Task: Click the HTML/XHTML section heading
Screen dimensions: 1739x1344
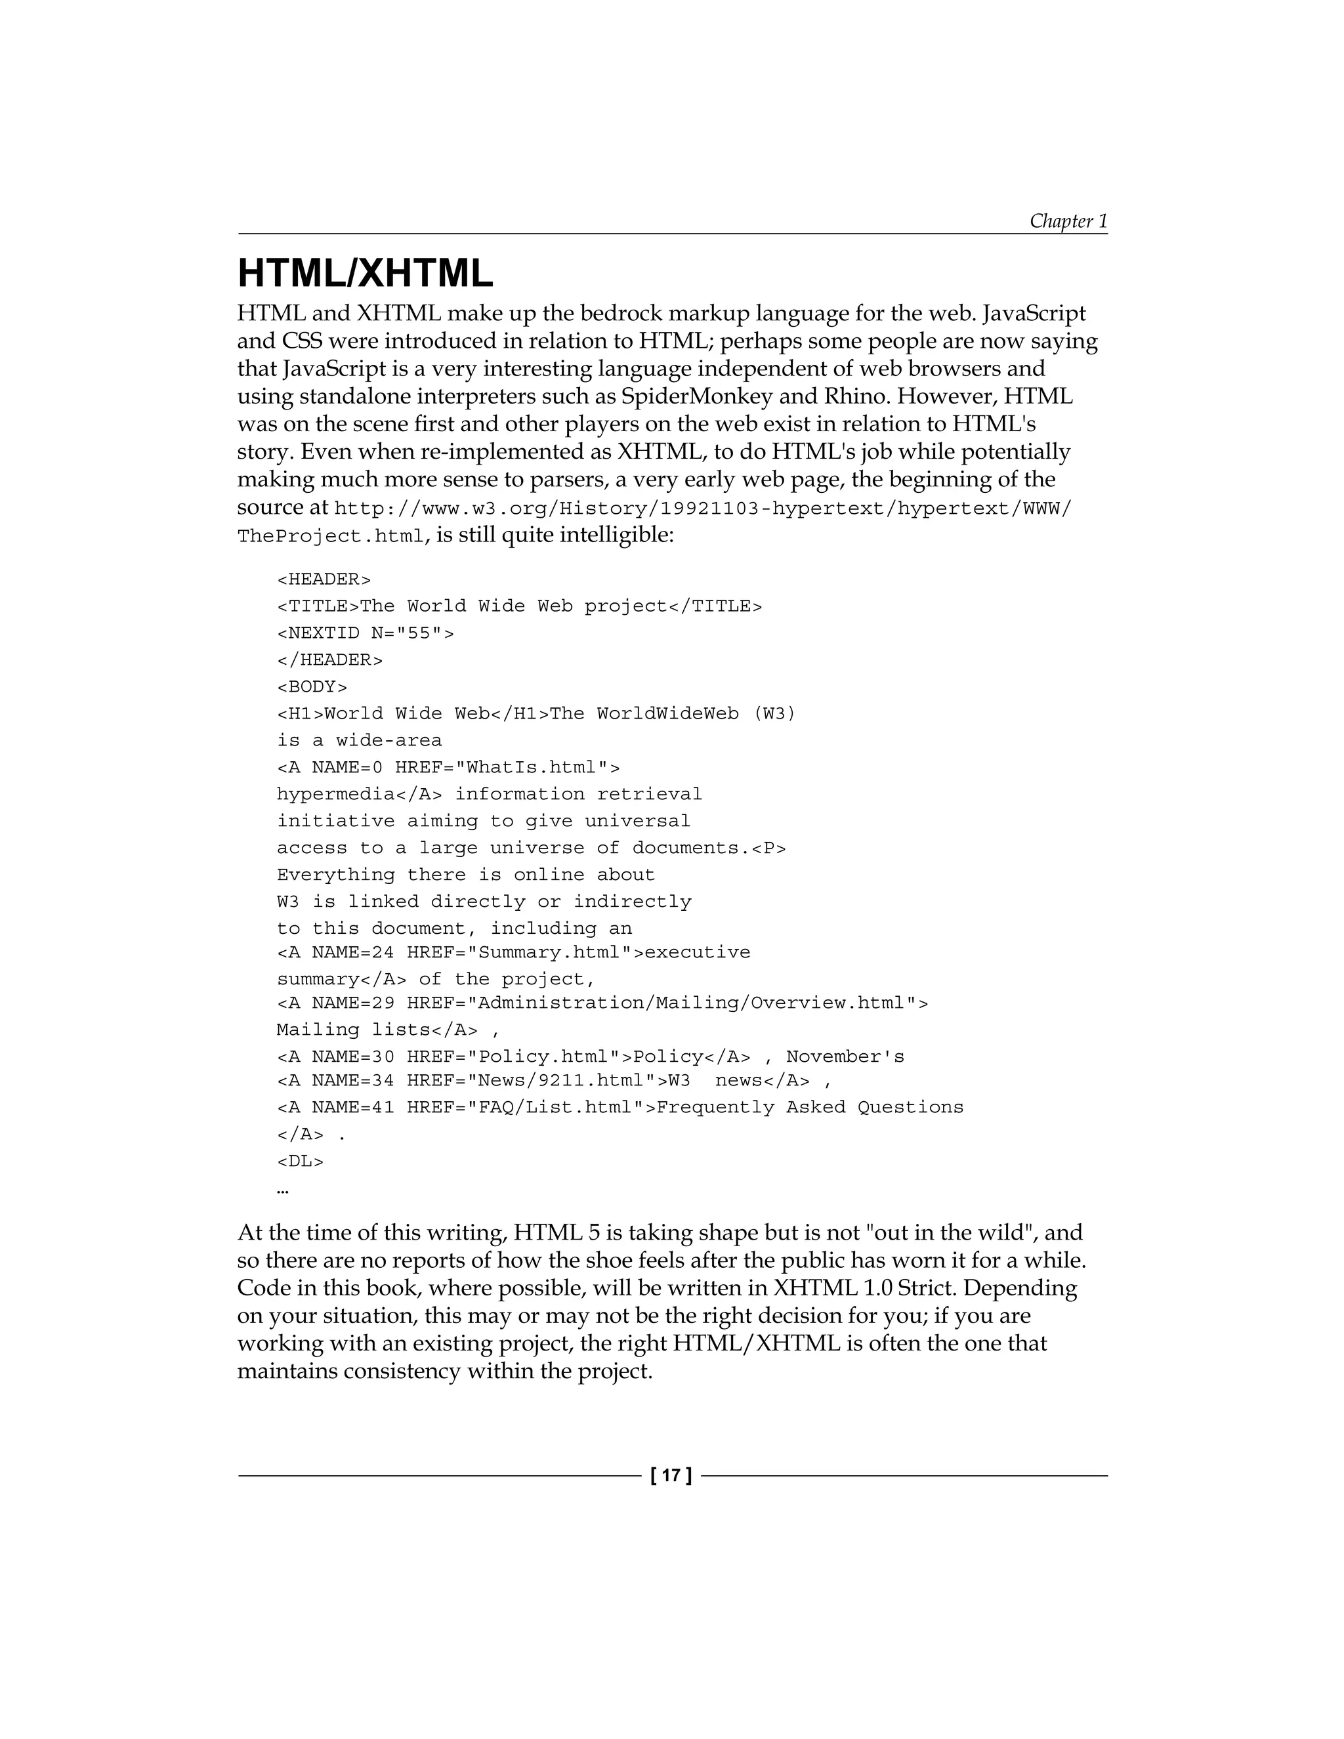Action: point(366,274)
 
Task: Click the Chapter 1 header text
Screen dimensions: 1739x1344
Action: point(1068,220)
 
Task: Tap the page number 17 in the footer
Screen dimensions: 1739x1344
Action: point(671,1475)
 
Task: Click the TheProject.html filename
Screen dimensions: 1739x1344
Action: point(331,537)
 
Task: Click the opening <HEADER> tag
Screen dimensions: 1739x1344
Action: point(324,579)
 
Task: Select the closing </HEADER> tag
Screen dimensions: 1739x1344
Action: point(329,660)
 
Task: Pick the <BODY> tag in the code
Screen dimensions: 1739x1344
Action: point(312,686)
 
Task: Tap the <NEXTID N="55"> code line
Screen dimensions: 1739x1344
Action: point(366,633)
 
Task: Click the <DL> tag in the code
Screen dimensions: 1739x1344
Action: point(300,1161)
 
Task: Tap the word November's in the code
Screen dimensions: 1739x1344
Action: point(845,1057)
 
